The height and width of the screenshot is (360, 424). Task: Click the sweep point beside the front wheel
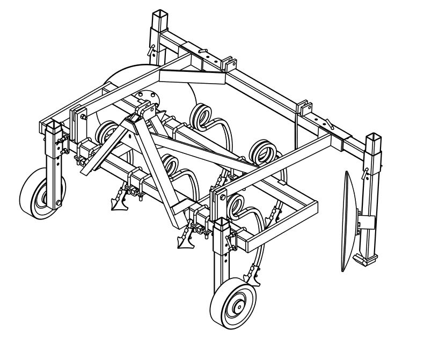pos(251,279)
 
